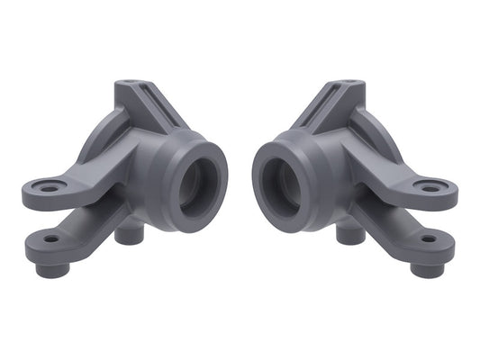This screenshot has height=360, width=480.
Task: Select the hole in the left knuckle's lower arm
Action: [x=51, y=239]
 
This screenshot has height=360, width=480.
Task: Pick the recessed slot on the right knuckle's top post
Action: [x=329, y=108]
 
